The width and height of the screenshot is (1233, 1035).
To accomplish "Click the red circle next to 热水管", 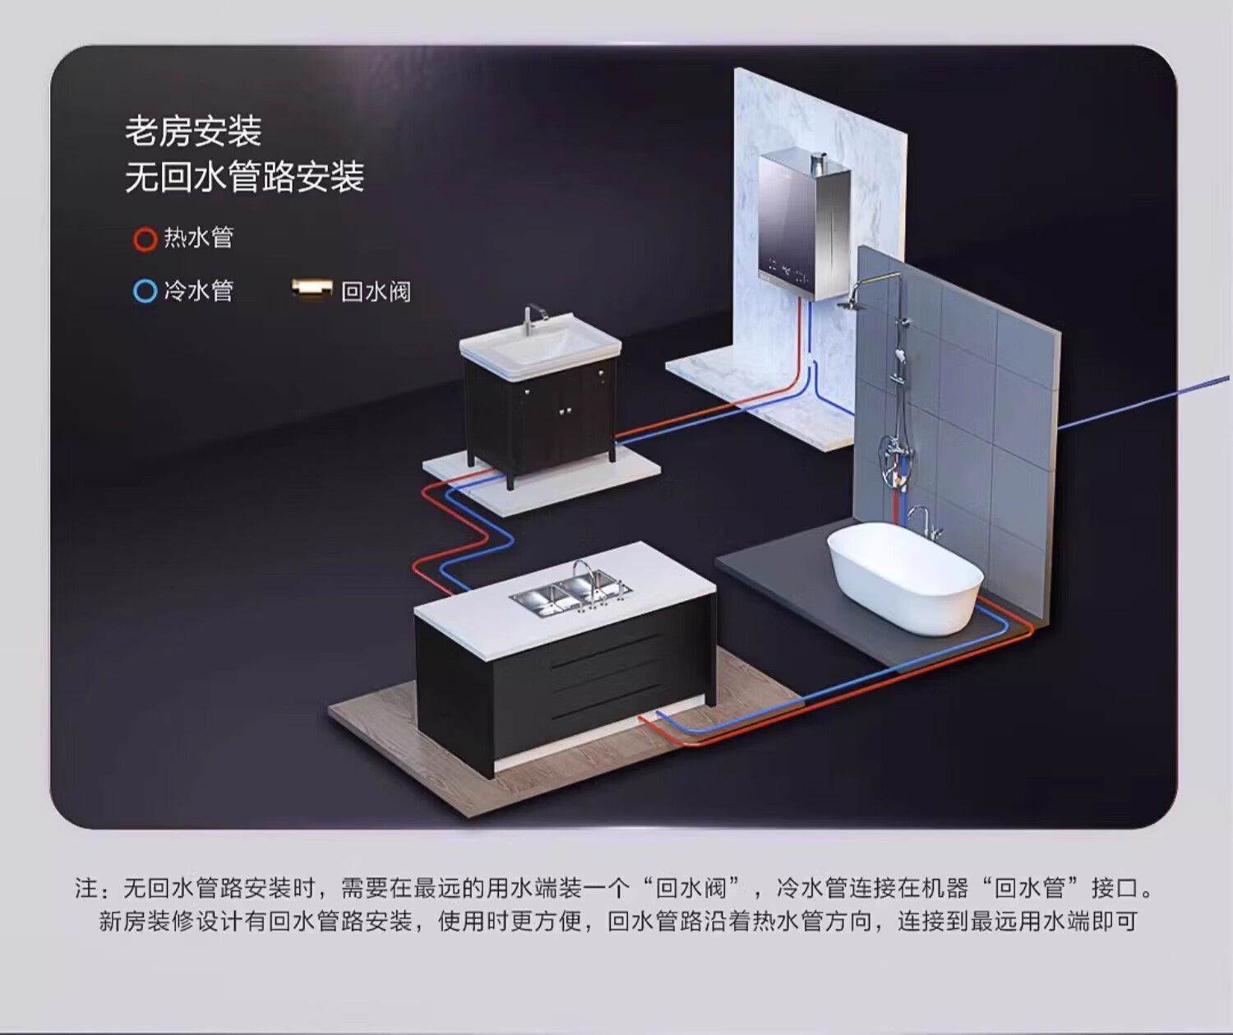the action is pos(145,239).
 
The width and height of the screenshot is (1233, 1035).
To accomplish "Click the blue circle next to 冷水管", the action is pos(145,291).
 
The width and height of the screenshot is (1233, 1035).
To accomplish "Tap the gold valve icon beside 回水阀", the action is pos(312,289).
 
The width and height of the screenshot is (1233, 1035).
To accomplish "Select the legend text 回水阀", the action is pos(376,292).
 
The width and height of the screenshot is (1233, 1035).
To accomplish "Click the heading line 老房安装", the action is pos(193,132).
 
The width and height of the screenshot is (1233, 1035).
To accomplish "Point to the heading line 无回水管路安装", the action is pos(244,177).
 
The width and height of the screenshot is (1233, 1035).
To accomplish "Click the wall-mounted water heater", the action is pos(802,222).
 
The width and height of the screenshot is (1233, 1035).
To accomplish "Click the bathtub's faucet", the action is pos(922,518).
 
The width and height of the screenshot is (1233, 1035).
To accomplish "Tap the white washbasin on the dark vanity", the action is pos(538,349).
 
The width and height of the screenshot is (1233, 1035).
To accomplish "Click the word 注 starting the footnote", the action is pos(86,889).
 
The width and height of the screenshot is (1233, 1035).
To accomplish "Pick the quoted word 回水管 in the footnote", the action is pos(1030,889).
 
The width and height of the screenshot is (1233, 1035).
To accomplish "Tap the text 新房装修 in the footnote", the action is pos(146,922).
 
